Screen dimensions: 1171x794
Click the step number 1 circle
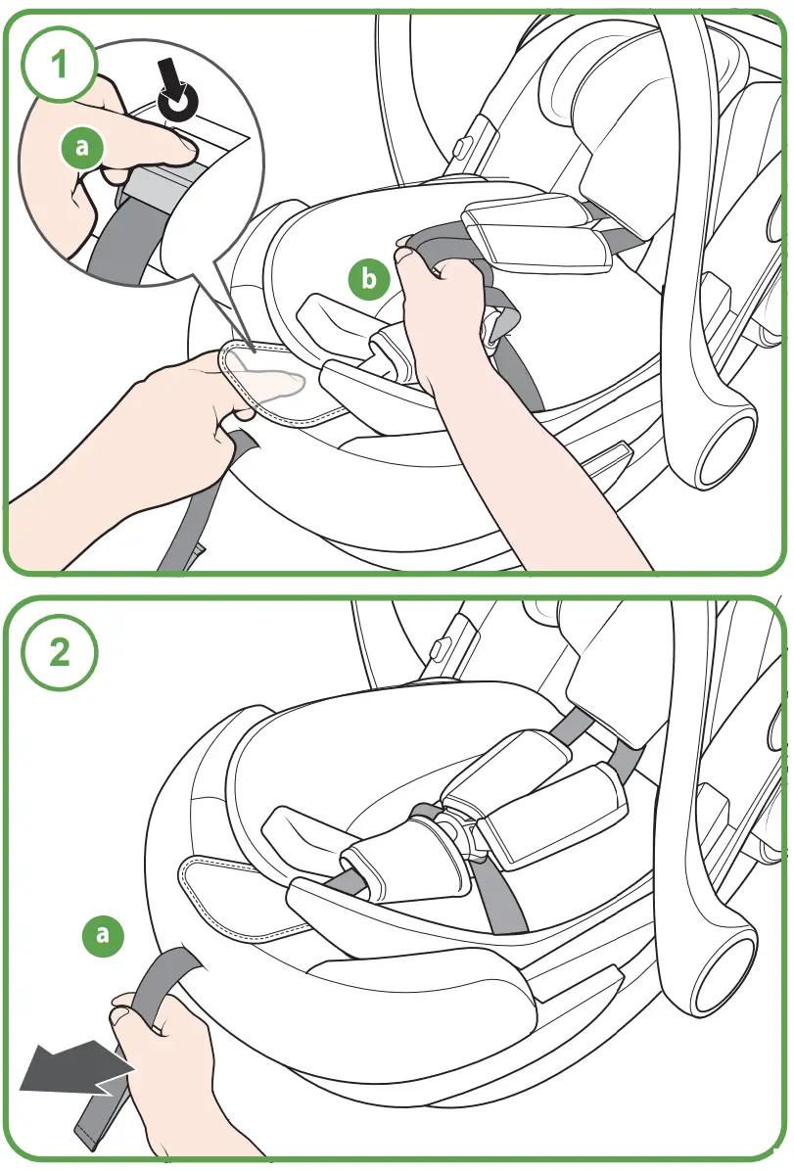(x=59, y=65)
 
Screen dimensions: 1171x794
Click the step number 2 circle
(x=59, y=654)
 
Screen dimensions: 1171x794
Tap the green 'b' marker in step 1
(x=369, y=279)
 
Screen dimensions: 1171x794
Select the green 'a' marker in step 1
(x=82, y=147)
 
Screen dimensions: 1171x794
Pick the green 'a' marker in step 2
(x=103, y=935)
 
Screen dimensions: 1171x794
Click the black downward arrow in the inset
(x=177, y=87)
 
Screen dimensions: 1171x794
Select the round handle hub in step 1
(x=726, y=445)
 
